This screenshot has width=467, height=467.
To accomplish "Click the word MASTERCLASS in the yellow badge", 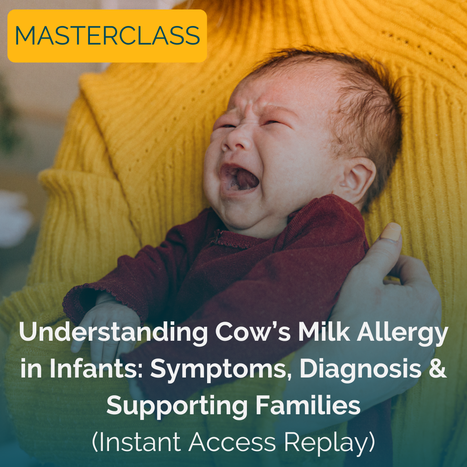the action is coord(107,35).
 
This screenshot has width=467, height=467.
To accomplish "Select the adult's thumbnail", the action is coord(391,231).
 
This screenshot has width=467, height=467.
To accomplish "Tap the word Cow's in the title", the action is coord(253,331).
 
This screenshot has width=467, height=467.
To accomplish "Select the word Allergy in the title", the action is coord(402,333).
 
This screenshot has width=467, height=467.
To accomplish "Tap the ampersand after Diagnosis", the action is coord(438,368).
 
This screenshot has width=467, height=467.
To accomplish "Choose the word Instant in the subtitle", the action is coord(139,441).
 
